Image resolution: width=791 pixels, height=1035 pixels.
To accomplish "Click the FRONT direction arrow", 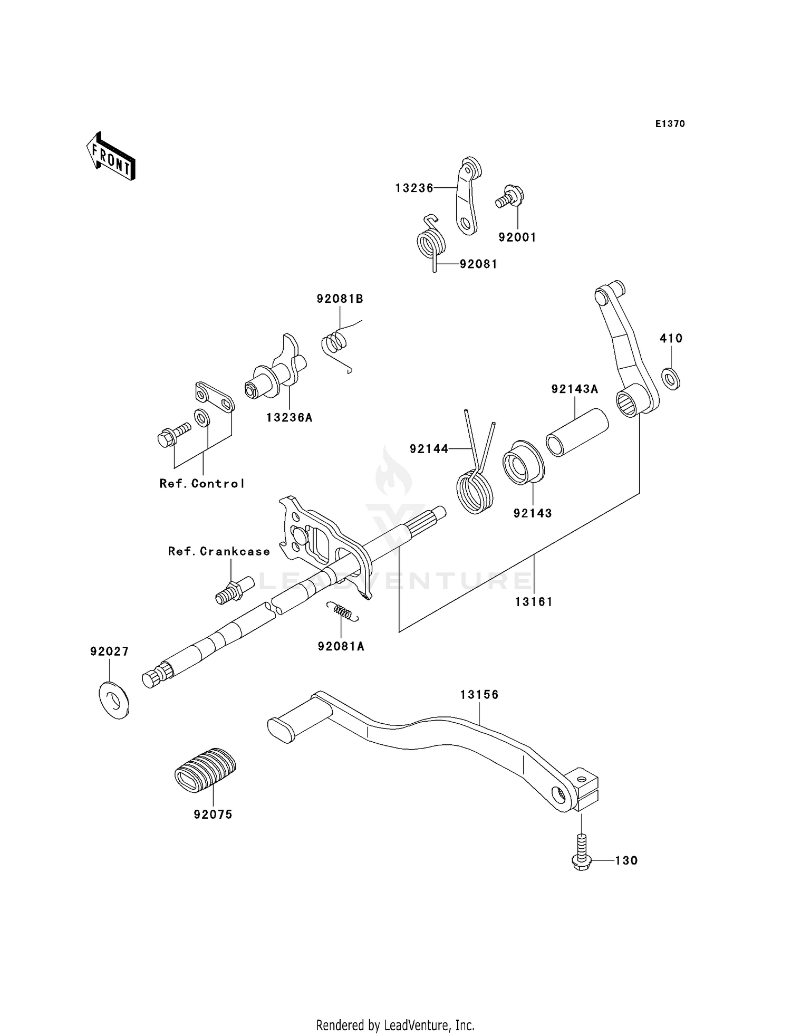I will pos(111,157).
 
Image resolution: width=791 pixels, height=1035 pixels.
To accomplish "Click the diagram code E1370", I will pos(670,124).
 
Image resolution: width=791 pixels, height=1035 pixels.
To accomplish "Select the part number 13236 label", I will pos(414,188).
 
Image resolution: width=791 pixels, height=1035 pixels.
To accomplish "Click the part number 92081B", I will pos(340,299).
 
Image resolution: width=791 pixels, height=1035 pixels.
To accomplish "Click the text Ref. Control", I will pos(202,484).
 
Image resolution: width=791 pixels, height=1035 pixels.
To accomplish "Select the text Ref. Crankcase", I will pos(219,552).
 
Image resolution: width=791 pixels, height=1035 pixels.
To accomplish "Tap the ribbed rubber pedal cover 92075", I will pos(205,770).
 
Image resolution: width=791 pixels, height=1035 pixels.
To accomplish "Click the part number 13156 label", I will pos(479,695).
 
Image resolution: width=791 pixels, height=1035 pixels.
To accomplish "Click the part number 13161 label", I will pos(534,602).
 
